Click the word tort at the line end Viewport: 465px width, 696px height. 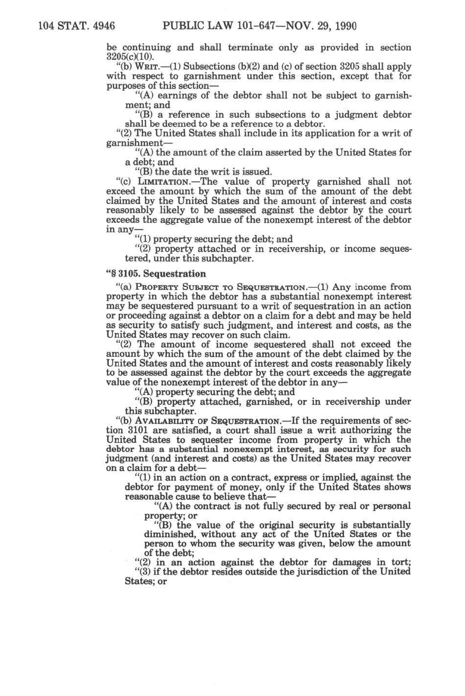(x=401, y=562)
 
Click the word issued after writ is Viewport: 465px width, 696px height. (x=256, y=172)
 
